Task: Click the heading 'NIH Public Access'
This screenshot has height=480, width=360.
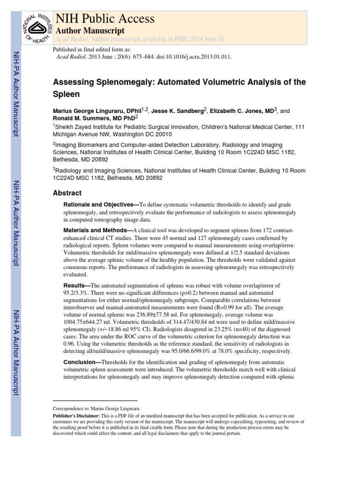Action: pyautogui.click(x=105, y=19)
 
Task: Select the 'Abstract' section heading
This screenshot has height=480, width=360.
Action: pyautogui.click(x=67, y=193)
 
